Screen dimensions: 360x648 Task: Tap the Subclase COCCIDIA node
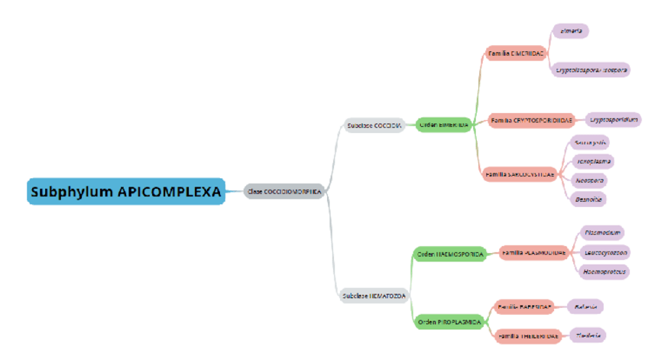click(x=374, y=125)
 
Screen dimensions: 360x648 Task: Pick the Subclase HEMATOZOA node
click(x=374, y=295)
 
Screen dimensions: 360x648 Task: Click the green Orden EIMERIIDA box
click(x=443, y=125)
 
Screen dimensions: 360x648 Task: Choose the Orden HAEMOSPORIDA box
click(x=450, y=255)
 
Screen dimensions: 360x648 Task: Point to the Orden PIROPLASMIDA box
click(x=449, y=323)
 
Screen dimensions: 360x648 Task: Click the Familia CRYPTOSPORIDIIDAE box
click(x=532, y=120)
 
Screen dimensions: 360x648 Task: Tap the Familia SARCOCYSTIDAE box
click(x=520, y=175)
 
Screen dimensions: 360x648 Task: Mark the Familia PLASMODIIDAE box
click(x=533, y=252)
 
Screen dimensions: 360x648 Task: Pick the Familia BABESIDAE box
click(x=524, y=306)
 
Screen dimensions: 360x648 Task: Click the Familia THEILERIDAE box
click(x=528, y=336)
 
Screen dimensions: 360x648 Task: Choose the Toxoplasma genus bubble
click(x=593, y=161)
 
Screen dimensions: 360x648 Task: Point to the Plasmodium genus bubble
click(x=601, y=232)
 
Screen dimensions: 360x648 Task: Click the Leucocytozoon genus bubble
click(x=605, y=251)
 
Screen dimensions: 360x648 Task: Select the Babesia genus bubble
click(x=585, y=306)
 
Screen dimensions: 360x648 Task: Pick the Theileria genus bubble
click(x=587, y=335)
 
